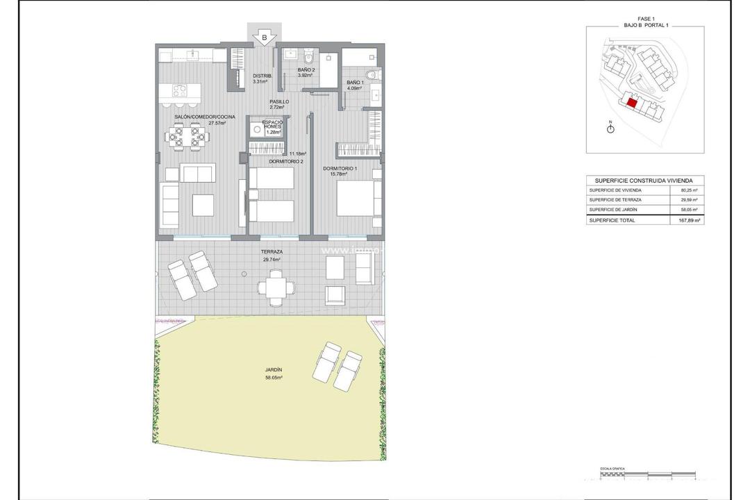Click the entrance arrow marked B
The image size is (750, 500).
pyautogui.click(x=264, y=37)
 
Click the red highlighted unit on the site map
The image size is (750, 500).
pyautogui.click(x=632, y=102)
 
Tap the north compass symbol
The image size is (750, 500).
pyautogui.click(x=610, y=128)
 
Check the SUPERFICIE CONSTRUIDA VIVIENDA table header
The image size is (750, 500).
pyautogui.click(x=644, y=179)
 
